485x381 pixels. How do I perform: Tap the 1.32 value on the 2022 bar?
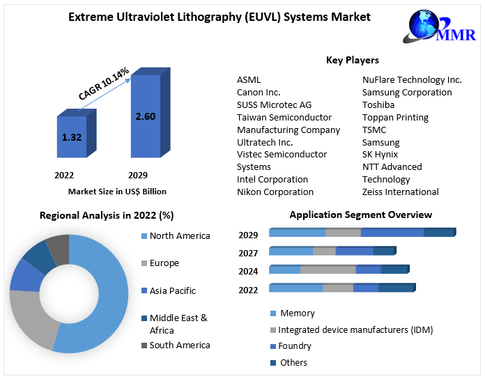[x=72, y=137]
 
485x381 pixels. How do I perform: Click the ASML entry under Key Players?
[x=249, y=80]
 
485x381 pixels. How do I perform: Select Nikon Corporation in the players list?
[x=275, y=192]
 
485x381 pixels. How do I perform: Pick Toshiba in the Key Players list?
[x=378, y=105]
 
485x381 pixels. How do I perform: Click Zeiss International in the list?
[x=401, y=192]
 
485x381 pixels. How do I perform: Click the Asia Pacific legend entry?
[x=172, y=291]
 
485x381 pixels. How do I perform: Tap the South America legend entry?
[x=179, y=345]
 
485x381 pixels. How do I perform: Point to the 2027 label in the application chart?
[x=248, y=254]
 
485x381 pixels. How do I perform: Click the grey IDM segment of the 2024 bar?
[x=328, y=270]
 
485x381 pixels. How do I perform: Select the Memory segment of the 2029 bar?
[x=297, y=233]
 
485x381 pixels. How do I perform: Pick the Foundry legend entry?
[x=294, y=346]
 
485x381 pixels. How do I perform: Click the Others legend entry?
[x=293, y=363]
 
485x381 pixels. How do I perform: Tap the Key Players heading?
[x=352, y=61]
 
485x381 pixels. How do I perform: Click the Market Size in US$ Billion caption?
[x=117, y=192]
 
